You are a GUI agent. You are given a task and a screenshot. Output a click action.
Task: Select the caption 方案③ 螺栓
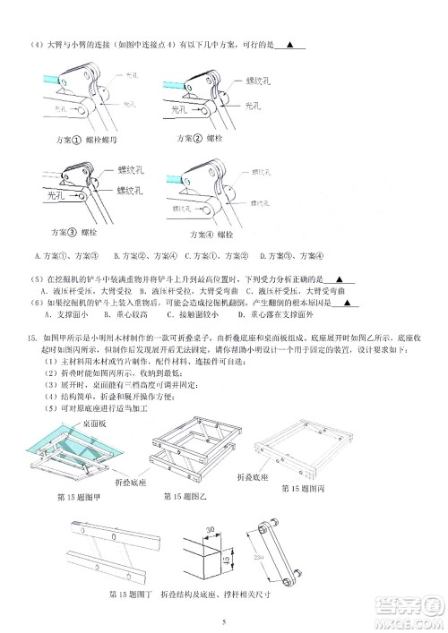(70, 232)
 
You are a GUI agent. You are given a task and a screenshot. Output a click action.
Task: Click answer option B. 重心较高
(106, 315)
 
